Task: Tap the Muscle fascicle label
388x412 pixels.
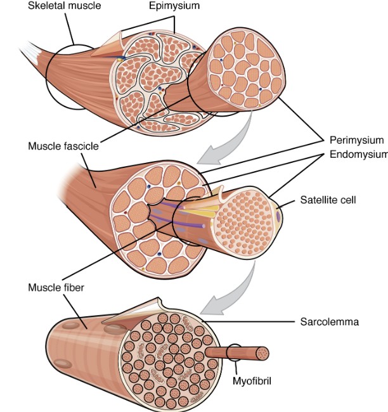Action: click(63, 146)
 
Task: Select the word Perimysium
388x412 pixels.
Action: click(356, 140)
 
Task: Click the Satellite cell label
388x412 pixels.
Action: click(328, 200)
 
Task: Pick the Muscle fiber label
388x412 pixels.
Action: click(56, 286)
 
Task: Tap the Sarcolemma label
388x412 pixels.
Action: click(329, 322)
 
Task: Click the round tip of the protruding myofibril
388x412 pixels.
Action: click(263, 353)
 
